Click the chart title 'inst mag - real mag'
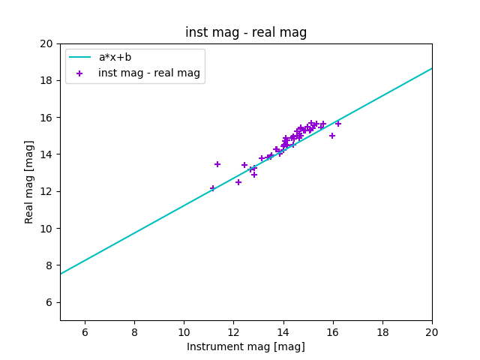(246, 32)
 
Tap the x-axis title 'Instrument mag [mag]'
(246, 346)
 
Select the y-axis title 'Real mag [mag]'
(30, 182)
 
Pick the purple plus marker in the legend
(80, 73)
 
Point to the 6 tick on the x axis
(85, 332)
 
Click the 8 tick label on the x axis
(134, 332)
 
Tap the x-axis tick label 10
(184, 332)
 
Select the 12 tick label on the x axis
(233, 332)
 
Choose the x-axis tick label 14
(283, 332)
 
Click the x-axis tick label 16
(333, 332)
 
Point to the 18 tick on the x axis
(382, 332)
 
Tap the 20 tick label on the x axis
(432, 332)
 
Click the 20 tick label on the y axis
(47, 43)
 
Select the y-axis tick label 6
(50, 302)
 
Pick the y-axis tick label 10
(47, 229)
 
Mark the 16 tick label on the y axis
(47, 118)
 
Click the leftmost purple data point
(213, 188)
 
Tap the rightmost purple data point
(338, 124)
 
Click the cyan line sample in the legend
(80, 57)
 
